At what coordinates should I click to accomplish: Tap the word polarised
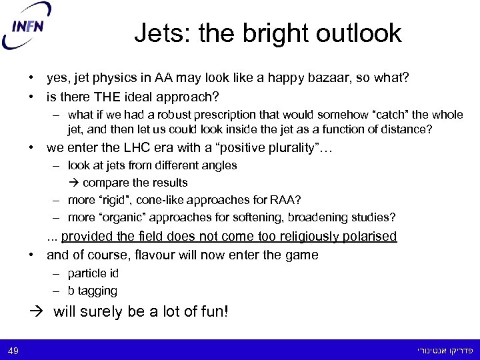click(x=367, y=237)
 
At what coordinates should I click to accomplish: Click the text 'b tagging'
click(x=93, y=291)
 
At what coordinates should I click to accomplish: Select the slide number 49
click(x=14, y=350)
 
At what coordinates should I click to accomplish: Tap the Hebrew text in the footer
click(x=443, y=350)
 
